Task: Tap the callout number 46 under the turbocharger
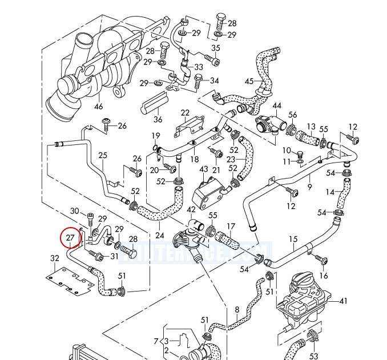99,106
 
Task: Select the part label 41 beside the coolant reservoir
343,301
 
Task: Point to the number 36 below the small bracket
158,120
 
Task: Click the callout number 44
277,106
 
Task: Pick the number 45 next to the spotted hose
249,82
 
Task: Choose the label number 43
204,169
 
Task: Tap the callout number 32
54,258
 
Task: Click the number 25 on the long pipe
103,155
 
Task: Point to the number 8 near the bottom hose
237,310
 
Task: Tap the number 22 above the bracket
185,112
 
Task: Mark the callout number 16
324,276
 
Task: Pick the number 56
293,115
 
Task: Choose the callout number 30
74,211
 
